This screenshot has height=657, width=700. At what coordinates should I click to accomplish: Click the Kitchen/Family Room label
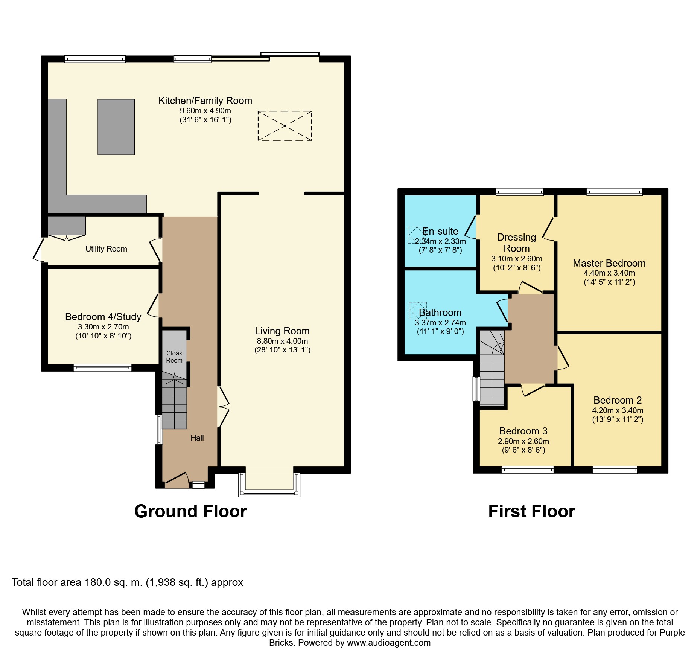(205, 101)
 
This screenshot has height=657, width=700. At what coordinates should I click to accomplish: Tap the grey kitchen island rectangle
(116, 127)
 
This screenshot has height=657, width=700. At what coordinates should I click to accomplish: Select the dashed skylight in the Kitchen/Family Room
(285, 126)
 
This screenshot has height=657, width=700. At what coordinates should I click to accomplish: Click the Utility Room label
(106, 249)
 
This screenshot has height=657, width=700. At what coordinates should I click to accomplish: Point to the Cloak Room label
(174, 357)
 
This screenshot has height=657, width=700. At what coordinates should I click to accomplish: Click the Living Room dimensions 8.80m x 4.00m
(282, 341)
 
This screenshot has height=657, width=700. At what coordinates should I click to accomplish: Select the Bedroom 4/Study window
(103, 367)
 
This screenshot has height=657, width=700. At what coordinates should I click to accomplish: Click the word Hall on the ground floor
(197, 437)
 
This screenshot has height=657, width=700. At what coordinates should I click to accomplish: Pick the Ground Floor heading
(190, 511)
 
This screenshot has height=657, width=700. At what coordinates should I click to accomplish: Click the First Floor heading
(532, 511)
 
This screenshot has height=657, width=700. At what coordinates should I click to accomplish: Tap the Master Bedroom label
(609, 263)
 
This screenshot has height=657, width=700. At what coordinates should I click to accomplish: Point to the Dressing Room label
(517, 243)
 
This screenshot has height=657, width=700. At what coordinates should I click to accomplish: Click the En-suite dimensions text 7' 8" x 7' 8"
(440, 250)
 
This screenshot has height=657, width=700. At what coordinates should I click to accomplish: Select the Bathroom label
(440, 312)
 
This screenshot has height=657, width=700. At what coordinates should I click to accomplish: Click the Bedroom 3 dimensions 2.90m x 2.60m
(523, 441)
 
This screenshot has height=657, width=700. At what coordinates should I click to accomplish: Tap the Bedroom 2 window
(615, 470)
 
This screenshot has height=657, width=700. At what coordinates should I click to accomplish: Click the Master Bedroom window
(615, 192)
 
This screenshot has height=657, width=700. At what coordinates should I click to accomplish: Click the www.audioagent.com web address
(389, 643)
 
